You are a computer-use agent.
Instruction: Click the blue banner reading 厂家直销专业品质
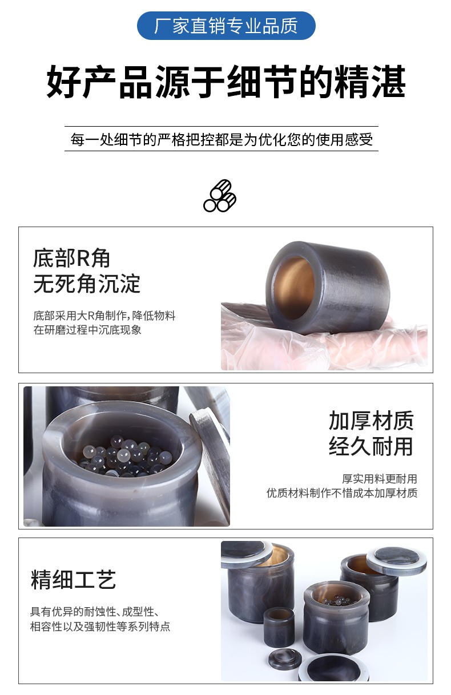tap(226, 26)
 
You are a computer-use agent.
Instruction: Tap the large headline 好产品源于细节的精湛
tap(226, 82)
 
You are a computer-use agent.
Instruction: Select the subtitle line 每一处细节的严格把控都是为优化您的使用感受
tap(222, 139)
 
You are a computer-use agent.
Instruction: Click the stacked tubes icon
tap(220, 196)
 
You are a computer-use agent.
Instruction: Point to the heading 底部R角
tap(71, 258)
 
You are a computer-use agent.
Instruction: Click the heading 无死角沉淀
tap(87, 284)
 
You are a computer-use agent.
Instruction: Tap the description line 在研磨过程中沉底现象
tap(87, 330)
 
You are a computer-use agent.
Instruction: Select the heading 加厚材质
tap(371, 421)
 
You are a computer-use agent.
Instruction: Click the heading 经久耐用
tap(371, 446)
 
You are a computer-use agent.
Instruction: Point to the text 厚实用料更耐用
tap(379, 479)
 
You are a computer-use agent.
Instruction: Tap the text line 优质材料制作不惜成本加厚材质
tap(342, 492)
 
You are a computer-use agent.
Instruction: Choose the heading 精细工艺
tap(73, 579)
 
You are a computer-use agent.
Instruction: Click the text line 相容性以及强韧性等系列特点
tap(100, 627)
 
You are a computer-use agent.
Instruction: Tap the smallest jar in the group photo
tap(279, 627)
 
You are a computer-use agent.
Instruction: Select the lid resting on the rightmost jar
tap(396, 561)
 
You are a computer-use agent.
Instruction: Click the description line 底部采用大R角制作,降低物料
tap(104, 316)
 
